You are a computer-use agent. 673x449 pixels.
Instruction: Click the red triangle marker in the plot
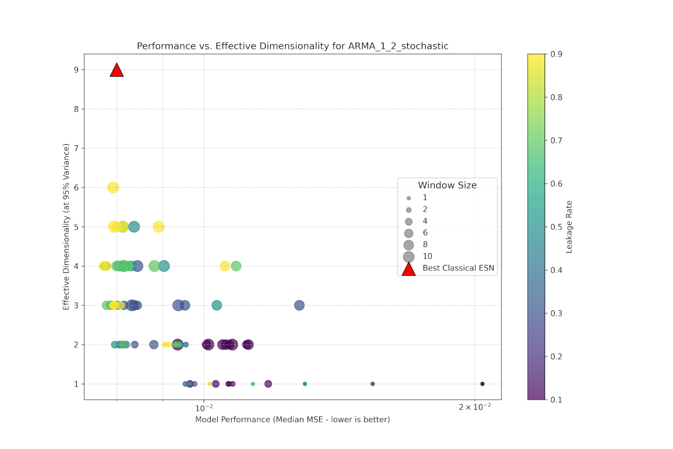pyautogui.click(x=117, y=70)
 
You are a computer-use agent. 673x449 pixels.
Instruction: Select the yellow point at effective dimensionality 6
pyautogui.click(x=113, y=187)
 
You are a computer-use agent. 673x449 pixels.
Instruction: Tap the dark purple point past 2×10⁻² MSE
pyautogui.click(x=482, y=384)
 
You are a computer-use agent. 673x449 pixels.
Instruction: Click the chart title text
pyautogui.click(x=292, y=46)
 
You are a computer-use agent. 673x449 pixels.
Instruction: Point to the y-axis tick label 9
pyautogui.click(x=75, y=70)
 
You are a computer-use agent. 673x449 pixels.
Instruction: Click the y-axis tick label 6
pyautogui.click(x=75, y=187)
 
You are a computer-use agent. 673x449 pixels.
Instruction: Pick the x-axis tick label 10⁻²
pyautogui.click(x=203, y=407)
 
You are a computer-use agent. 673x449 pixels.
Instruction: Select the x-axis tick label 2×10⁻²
pyautogui.click(x=474, y=407)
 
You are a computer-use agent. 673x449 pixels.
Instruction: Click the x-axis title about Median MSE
pyautogui.click(x=292, y=420)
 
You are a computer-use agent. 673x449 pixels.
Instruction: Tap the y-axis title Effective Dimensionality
pyautogui.click(x=66, y=227)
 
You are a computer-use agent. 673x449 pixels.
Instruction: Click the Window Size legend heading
pyautogui.click(x=447, y=185)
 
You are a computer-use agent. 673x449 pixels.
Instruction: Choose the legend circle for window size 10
pyautogui.click(x=409, y=256)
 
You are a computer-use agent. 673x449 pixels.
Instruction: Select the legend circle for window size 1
pyautogui.click(x=409, y=198)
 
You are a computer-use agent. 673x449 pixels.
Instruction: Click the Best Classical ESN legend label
pyautogui.click(x=459, y=268)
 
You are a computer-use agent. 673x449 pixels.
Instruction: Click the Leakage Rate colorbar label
pyautogui.click(x=569, y=227)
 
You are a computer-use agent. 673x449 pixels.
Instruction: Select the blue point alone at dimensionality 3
pyautogui.click(x=299, y=305)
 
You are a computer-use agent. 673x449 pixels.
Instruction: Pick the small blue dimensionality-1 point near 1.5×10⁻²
pyautogui.click(x=372, y=384)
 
